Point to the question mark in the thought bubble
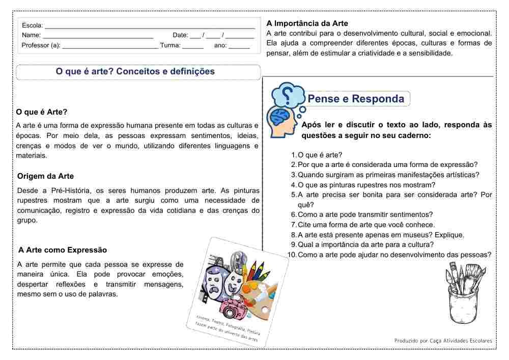coord(288,94)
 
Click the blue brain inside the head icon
coord(279,118)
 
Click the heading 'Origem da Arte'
coord(45,176)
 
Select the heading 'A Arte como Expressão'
coord(63,250)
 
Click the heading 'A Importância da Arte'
coord(307,23)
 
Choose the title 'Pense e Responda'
coord(356,99)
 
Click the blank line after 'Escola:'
coord(150,26)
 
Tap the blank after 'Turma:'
coord(193,46)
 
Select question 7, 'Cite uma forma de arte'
coord(366,225)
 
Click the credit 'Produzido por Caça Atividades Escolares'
coord(443,340)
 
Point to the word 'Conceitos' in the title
coord(138,72)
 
